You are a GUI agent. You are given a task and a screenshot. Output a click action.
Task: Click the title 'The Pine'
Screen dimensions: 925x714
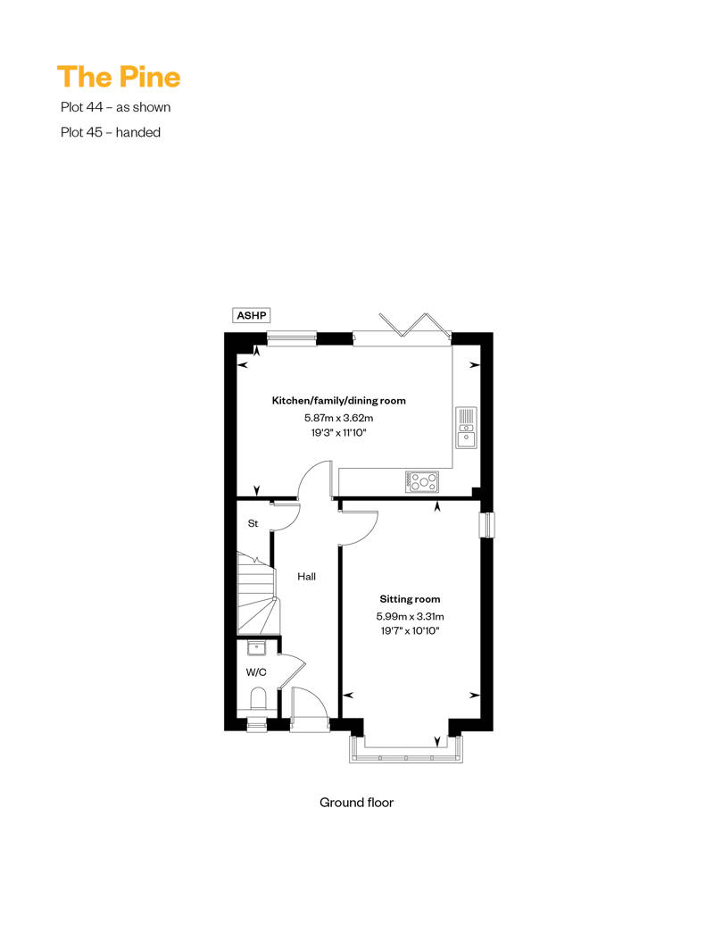tap(119, 77)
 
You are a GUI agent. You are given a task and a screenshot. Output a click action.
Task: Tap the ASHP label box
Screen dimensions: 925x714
tap(252, 315)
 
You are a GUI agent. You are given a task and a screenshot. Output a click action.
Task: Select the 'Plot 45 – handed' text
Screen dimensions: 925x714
tap(111, 132)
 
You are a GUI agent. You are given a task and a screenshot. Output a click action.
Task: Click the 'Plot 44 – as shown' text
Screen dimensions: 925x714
tap(116, 107)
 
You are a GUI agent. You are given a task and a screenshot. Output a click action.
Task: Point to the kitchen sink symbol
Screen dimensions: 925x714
tap(466, 427)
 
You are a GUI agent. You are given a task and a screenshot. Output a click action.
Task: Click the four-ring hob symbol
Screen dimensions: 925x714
tap(423, 481)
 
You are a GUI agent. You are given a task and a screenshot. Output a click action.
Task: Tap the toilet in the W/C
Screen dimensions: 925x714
tap(257, 696)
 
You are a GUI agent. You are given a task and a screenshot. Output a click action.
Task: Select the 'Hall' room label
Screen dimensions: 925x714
tap(307, 577)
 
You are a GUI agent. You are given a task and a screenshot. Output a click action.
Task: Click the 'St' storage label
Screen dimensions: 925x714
tap(253, 523)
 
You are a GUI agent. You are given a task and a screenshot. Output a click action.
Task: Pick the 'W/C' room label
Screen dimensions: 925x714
tap(256, 672)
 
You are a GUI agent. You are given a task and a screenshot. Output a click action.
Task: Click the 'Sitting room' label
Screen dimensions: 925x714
tap(410, 599)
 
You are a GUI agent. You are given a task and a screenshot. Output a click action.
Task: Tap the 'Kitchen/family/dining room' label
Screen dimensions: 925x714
tap(338, 401)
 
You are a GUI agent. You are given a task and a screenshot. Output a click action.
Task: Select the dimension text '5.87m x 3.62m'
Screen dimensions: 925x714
tap(338, 417)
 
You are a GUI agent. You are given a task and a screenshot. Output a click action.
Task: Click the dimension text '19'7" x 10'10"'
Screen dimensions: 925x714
tap(410, 630)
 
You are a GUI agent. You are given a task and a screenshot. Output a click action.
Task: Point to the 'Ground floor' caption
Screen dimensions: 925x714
tap(356, 802)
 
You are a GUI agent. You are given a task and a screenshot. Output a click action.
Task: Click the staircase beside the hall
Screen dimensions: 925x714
tap(257, 594)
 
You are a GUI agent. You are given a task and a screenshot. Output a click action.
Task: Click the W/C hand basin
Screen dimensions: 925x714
tap(256, 649)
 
